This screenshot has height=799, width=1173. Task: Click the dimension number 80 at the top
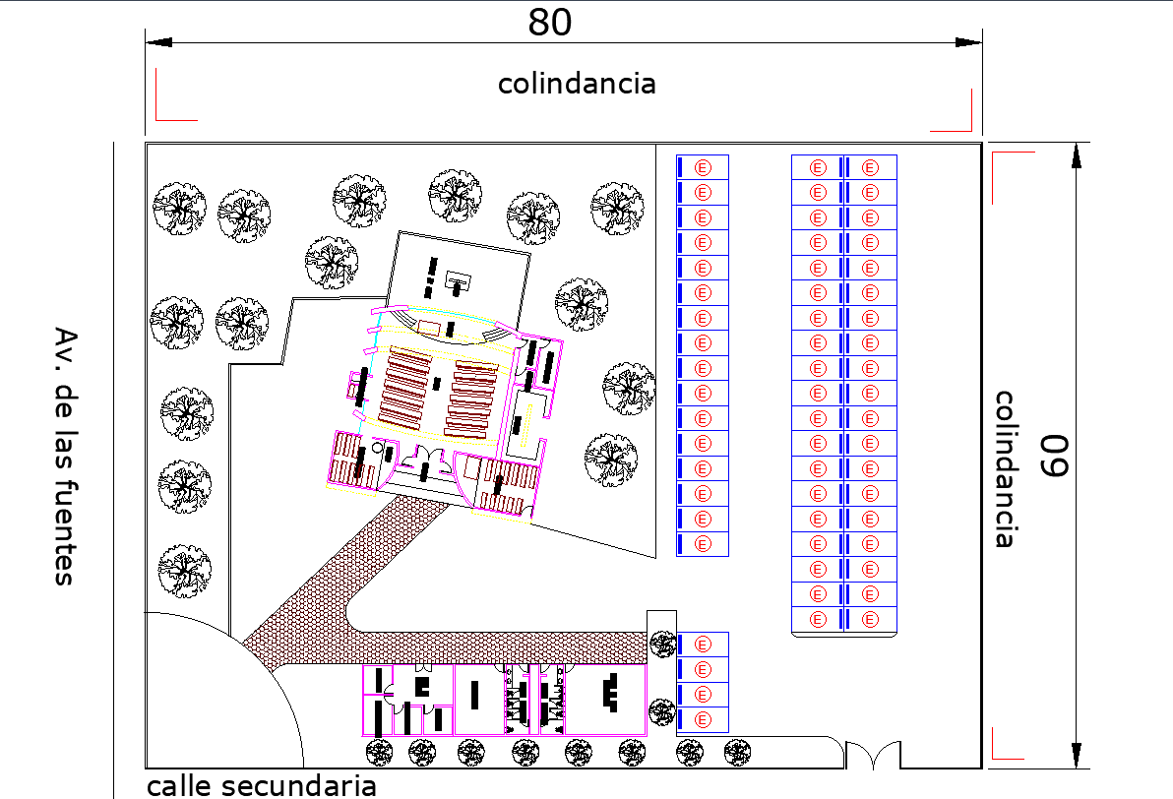click(549, 22)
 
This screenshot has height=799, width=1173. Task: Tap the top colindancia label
click(577, 84)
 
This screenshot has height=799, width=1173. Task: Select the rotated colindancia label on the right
click(1005, 468)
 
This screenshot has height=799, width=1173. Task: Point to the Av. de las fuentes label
click(65, 456)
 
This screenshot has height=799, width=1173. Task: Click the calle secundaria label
click(262, 785)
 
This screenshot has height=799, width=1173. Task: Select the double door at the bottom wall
click(873, 755)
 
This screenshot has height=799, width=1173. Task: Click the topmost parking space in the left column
click(702, 166)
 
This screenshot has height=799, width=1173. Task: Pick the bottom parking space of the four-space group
click(702, 719)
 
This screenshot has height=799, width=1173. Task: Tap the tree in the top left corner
click(179, 208)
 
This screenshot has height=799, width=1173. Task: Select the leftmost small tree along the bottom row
click(379, 753)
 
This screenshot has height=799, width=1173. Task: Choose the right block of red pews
click(473, 397)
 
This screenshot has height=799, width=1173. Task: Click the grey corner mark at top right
click(954, 109)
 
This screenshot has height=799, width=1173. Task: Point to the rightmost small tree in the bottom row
click(738, 753)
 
